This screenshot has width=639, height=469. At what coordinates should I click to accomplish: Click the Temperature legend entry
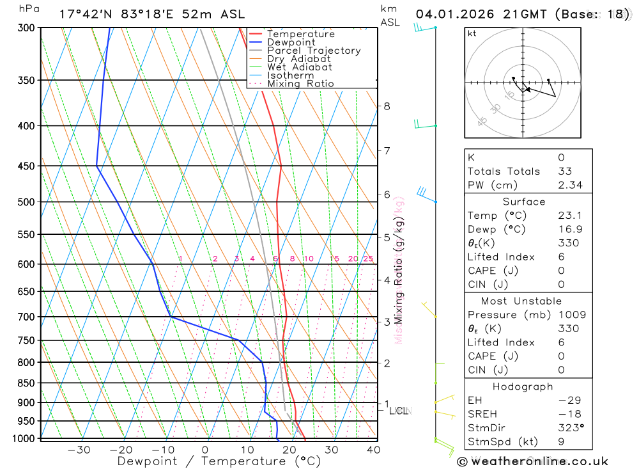(x=300, y=34)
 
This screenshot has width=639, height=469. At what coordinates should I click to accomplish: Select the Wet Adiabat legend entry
(x=299, y=67)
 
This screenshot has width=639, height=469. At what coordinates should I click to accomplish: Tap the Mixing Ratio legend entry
(x=300, y=84)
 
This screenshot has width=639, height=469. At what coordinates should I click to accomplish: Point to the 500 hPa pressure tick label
(x=26, y=202)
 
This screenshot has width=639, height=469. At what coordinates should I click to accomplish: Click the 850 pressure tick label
(x=26, y=383)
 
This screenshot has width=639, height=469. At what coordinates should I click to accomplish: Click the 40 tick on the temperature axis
(x=373, y=450)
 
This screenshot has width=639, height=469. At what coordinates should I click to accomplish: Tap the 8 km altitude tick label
(x=387, y=106)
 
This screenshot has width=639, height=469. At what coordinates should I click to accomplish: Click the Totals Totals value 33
(x=565, y=171)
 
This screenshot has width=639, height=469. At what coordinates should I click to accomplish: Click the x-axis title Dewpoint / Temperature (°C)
(x=219, y=461)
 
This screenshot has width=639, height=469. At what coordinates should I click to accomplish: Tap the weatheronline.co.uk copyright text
(x=533, y=461)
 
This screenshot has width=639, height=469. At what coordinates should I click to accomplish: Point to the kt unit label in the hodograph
(x=472, y=33)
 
